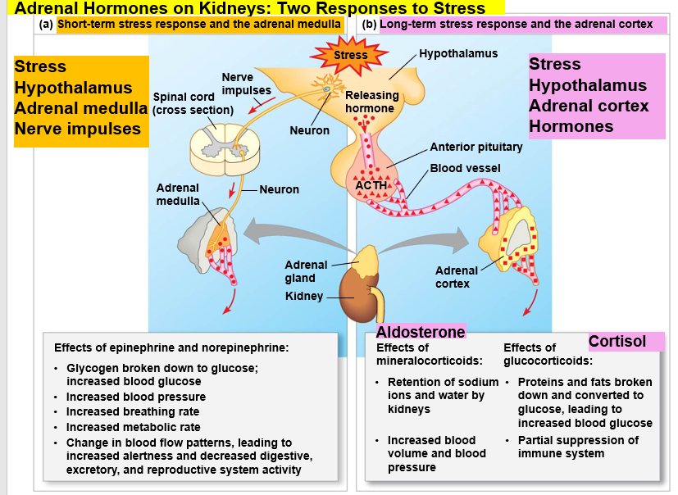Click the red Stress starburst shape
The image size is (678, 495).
(350, 56)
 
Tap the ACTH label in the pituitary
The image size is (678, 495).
(371, 185)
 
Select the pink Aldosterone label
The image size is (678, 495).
(421, 332)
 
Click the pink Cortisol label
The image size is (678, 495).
(617, 342)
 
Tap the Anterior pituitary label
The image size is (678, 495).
(476, 148)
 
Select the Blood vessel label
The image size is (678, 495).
(465, 168)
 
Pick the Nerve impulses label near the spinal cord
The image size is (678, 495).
(247, 84)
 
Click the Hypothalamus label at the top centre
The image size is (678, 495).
(458, 53)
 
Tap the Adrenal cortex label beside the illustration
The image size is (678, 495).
(456, 277)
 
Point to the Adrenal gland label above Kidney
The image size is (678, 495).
(305, 271)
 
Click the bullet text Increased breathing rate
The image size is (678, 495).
(133, 411)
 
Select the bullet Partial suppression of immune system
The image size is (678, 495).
(577, 447)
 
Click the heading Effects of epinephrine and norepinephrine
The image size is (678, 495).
(171, 347)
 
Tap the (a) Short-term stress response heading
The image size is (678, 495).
(190, 25)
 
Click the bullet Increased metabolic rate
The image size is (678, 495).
(133, 427)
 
